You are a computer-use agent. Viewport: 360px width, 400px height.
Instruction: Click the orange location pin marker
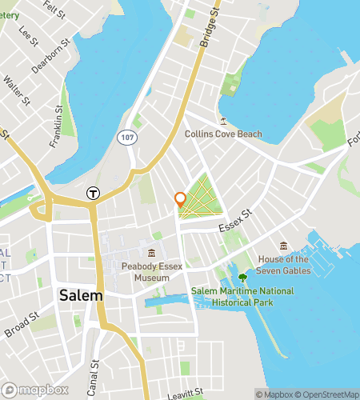[181, 200]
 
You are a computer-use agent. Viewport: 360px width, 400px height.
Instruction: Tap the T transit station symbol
[94, 193]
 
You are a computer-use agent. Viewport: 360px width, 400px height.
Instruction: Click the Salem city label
[81, 295]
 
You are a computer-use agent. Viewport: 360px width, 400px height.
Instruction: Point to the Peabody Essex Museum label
[146, 272]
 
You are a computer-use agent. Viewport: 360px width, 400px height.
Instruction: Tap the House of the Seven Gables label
[283, 265]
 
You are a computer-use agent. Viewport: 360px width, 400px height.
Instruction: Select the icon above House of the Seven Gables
[283, 246]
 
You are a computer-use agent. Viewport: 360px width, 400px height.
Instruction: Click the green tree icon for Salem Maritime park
[242, 278]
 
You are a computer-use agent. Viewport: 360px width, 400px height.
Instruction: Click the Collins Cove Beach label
[223, 134]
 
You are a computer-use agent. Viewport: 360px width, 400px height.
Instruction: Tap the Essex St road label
[237, 218]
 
